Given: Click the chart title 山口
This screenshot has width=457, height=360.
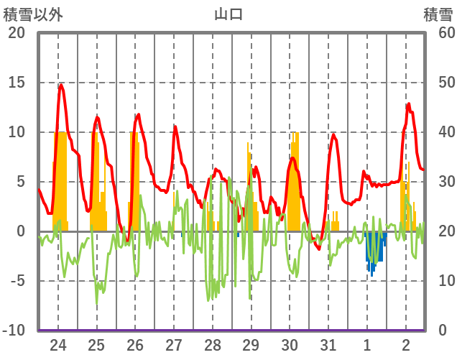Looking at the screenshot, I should pyautogui.click(x=228, y=14).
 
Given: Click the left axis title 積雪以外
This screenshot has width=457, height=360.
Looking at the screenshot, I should pyautogui.click(x=32, y=14).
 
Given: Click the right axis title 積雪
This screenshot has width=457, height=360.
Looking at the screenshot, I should pyautogui.click(x=438, y=14).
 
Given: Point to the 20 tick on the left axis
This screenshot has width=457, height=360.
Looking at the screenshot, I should pyautogui.click(x=16, y=33).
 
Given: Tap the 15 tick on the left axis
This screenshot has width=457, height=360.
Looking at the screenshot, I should pyautogui.click(x=16, y=83).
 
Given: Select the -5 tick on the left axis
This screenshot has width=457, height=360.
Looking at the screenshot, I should pyautogui.click(x=16, y=281).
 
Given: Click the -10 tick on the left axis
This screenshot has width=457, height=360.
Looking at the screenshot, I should pyautogui.click(x=14, y=331).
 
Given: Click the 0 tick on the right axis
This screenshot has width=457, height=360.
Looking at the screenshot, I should pyautogui.click(x=443, y=331).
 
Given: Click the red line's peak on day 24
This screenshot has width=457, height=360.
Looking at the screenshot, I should pyautogui.click(x=61, y=85).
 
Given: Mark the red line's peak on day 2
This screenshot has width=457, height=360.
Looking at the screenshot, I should pyautogui.click(x=408, y=104).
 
